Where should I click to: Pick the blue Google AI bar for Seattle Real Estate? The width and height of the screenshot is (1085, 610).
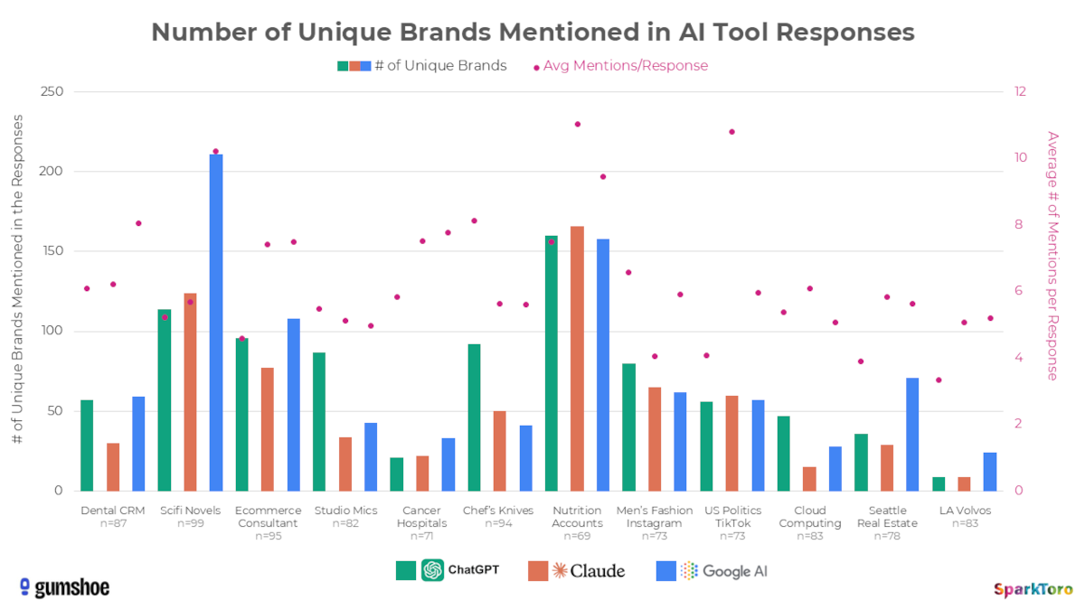[913, 435]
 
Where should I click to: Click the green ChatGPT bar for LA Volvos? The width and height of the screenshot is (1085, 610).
[939, 484]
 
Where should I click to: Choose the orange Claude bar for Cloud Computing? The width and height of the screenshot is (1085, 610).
[809, 479]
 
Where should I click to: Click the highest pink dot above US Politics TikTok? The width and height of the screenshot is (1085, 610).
[731, 132]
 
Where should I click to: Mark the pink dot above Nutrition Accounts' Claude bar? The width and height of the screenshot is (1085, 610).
[577, 124]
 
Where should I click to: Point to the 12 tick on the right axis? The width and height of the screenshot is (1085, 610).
[1021, 92]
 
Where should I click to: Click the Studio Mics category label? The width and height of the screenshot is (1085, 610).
[345, 511]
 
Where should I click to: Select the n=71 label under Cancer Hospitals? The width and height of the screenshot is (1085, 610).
[423, 536]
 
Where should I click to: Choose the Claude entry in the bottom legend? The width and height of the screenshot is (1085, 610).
[576, 570]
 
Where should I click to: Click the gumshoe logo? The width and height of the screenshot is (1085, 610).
[64, 587]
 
